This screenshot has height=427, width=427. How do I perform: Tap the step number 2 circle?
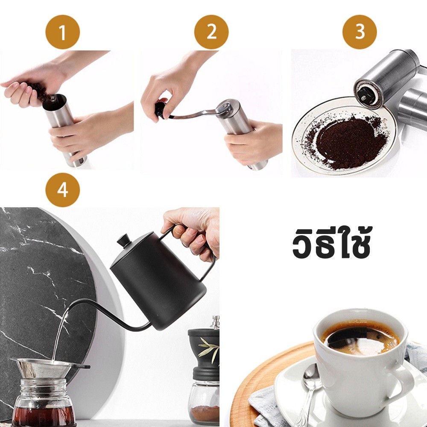[x=211, y=32]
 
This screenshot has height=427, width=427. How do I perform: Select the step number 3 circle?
[x=360, y=32]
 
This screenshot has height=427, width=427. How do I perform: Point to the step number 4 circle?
[x=63, y=190]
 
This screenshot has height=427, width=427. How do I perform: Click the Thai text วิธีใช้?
[x=331, y=242]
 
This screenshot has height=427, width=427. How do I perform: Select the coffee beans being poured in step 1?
[x=41, y=94]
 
